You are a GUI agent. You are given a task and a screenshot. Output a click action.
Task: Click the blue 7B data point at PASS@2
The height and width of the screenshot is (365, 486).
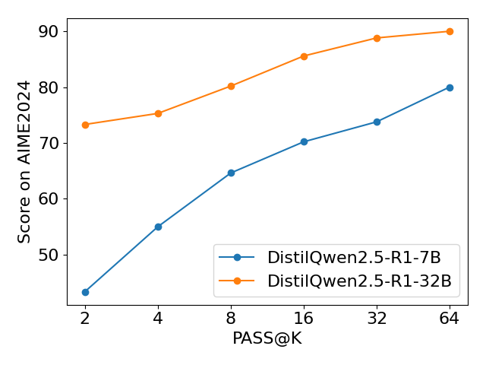pos(85,292)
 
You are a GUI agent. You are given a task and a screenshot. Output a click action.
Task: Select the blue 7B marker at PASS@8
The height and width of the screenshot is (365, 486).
pos(231,173)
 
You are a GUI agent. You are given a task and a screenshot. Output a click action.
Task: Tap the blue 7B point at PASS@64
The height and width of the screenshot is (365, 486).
pos(450,87)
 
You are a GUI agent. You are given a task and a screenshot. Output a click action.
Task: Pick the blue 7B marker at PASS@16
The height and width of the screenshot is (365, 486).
pos(304,141)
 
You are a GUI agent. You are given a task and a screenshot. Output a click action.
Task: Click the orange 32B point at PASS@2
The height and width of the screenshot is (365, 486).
pos(85,125)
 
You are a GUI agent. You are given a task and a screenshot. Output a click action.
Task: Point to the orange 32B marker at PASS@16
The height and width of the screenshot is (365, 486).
pos(304,56)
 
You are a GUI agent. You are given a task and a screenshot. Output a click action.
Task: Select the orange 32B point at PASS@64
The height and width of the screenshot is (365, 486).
pos(450,31)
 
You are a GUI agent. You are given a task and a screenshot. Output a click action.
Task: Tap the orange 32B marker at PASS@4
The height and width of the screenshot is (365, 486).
pos(158,113)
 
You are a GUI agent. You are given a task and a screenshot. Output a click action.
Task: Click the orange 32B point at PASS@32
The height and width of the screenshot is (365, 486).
pos(377,38)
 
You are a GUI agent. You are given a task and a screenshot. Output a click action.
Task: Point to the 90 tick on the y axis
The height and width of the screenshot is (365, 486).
pos(51,32)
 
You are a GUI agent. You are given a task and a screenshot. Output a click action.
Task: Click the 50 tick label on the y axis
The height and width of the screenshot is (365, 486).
pos(51,255)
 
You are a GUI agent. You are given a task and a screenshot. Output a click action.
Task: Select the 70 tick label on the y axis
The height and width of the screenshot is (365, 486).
pos(51,143)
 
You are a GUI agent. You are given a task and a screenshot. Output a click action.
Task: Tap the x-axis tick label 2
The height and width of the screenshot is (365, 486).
pos(85,318)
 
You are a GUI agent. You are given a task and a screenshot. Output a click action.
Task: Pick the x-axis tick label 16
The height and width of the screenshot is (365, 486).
pos(304,318)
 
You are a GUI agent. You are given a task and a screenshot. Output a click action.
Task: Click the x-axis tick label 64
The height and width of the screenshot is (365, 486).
pos(450,318)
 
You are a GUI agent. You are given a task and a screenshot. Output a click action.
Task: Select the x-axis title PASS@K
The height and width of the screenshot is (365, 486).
pos(267,338)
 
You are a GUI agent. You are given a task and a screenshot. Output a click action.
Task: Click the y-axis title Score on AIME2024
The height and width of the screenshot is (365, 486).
pos(25,161)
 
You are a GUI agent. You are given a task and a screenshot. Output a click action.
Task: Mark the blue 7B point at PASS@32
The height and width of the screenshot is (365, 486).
pos(377,122)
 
